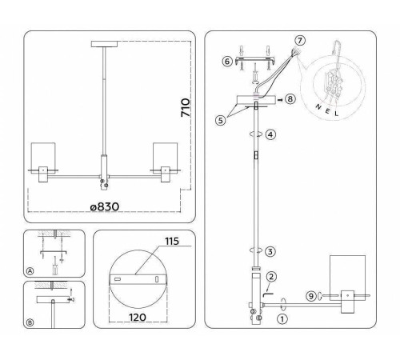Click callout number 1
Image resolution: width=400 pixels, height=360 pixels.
coord(281,318)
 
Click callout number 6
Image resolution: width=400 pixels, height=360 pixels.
coord(226,61)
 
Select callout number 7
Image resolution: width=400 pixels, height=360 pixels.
coord(299,40)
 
